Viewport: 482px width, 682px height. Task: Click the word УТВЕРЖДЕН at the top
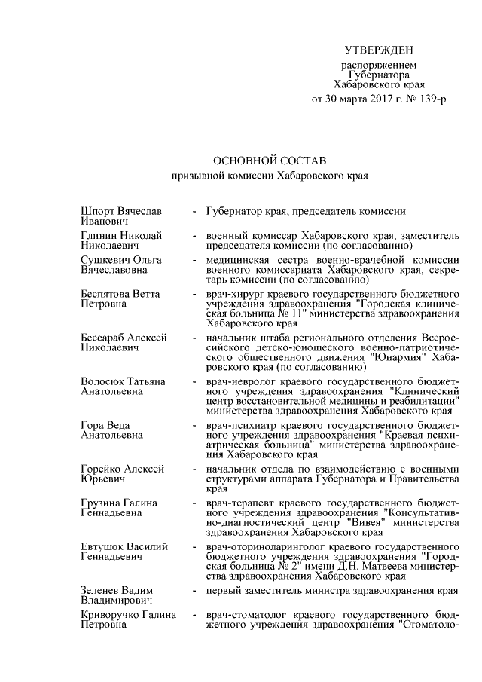379,50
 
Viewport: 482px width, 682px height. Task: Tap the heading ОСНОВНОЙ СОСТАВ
270,161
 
